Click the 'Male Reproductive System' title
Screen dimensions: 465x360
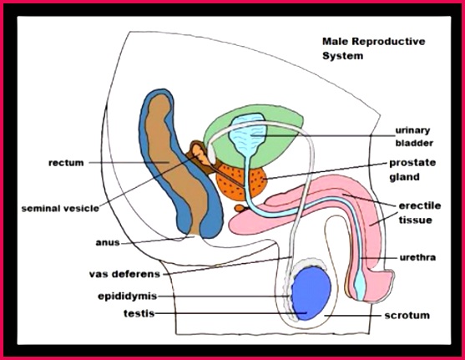(x=374, y=48)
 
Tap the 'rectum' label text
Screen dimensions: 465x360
(x=66, y=163)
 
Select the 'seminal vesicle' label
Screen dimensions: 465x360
(x=60, y=208)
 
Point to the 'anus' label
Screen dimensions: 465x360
(x=108, y=242)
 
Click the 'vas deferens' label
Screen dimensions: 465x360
(x=125, y=274)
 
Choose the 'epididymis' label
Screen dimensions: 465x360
(x=128, y=297)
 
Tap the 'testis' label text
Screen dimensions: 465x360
(x=139, y=313)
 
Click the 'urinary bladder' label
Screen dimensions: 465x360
(x=414, y=136)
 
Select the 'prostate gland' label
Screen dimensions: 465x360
(x=412, y=170)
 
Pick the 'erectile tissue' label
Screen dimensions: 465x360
(x=419, y=213)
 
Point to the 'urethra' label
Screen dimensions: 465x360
(x=417, y=257)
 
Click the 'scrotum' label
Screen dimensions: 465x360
(x=407, y=315)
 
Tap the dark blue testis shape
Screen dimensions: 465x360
(x=311, y=293)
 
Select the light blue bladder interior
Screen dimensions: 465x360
(x=248, y=134)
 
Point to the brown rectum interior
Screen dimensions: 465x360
(x=178, y=166)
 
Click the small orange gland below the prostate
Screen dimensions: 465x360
(x=240, y=208)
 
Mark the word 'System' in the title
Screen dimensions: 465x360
(x=342, y=56)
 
